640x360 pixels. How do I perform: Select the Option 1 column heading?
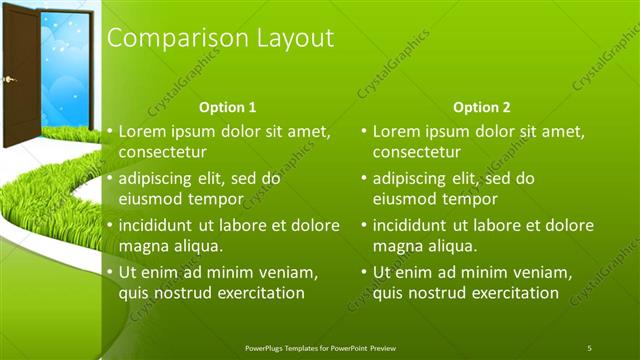228,107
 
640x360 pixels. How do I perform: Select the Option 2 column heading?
481,107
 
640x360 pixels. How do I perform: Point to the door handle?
9,78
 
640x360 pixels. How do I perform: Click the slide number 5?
589,347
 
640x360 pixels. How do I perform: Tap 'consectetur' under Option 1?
163,153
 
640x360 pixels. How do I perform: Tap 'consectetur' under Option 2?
417,153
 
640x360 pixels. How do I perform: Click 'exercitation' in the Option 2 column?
508,293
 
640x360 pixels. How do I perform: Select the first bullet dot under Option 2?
365,131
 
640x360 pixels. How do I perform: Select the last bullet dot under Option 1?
111,272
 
